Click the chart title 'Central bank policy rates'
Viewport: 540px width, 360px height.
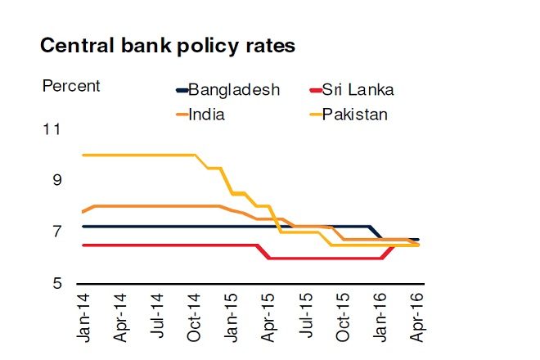(167, 47)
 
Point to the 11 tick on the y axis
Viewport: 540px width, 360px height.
(52, 129)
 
